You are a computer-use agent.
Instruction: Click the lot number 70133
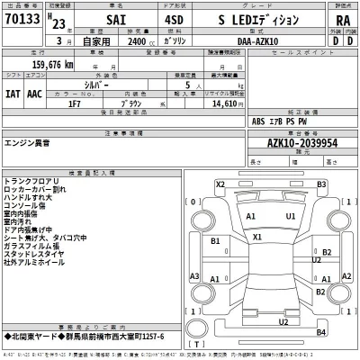21,19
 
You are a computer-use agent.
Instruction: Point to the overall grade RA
342,20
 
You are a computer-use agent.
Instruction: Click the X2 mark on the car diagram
220,184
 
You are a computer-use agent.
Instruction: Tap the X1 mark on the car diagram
257,238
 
